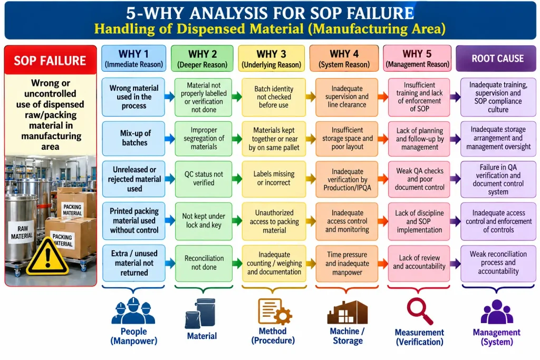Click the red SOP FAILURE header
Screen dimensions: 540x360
(x=50, y=60)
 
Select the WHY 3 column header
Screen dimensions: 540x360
(x=272, y=58)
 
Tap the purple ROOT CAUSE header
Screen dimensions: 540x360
(x=496, y=59)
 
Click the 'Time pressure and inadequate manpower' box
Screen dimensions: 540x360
(x=347, y=264)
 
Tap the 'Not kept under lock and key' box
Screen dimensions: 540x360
(x=204, y=221)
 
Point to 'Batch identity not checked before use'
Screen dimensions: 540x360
(x=274, y=98)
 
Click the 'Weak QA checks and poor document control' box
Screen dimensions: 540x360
(x=419, y=179)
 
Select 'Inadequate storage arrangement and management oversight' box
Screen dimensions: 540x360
(x=498, y=138)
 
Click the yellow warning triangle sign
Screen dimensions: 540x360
(x=47, y=256)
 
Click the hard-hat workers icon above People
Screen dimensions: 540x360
(x=133, y=310)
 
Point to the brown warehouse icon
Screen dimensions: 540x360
(x=347, y=312)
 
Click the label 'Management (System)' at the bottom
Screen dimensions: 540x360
(x=497, y=337)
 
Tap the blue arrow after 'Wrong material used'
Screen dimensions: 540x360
(x=170, y=96)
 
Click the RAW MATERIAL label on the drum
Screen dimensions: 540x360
(x=22, y=232)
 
